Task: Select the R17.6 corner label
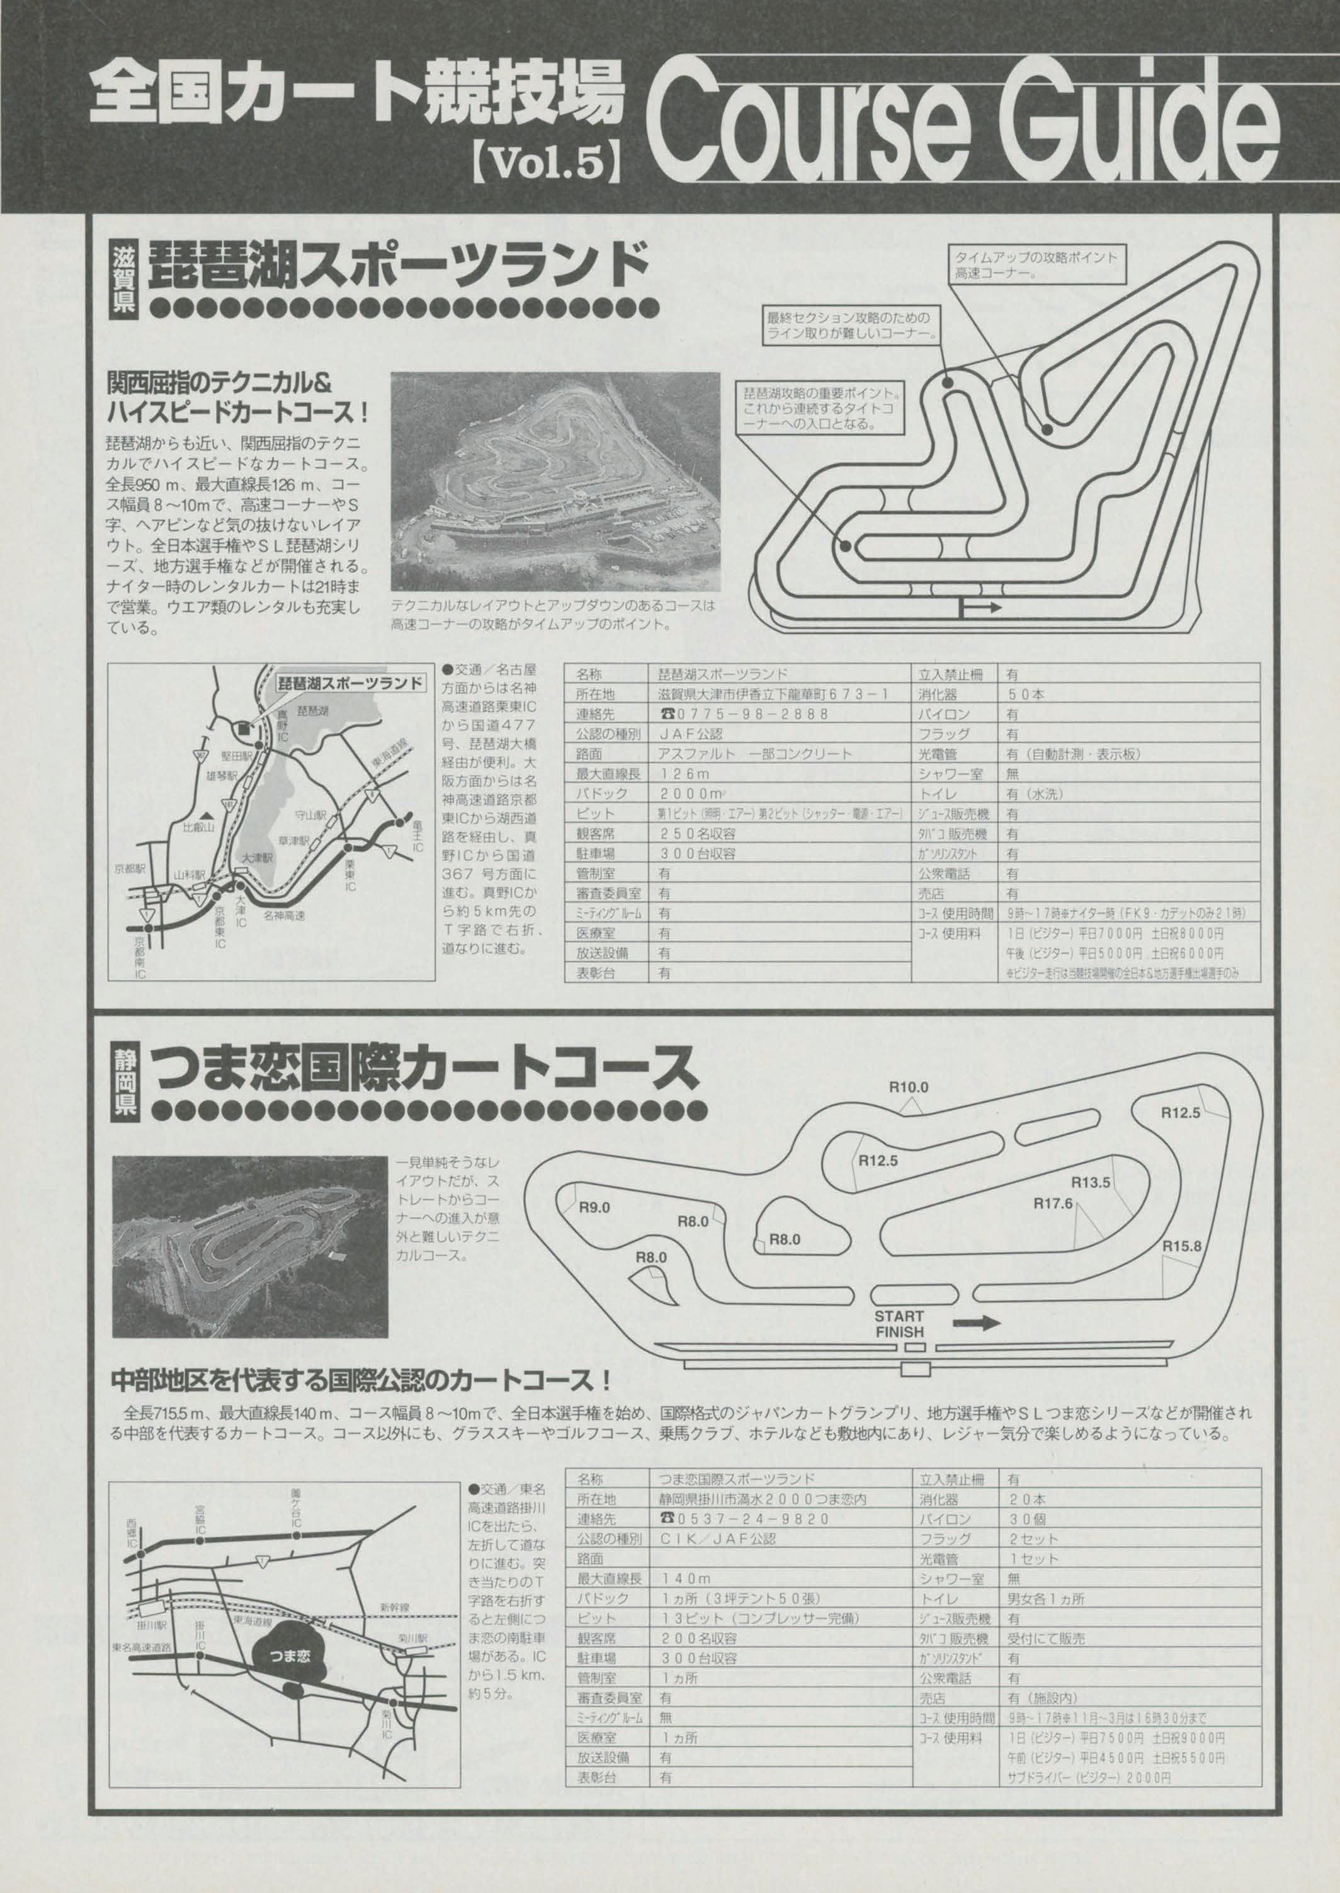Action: pyautogui.click(x=1053, y=1203)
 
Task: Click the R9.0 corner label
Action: pyautogui.click(x=593, y=1207)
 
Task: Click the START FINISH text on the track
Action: pyautogui.click(x=899, y=1324)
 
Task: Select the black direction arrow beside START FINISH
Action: pyautogui.click(x=976, y=1322)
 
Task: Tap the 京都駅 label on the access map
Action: pyautogui.click(x=130, y=870)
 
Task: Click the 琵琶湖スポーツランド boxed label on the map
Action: pyautogui.click(x=351, y=683)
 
